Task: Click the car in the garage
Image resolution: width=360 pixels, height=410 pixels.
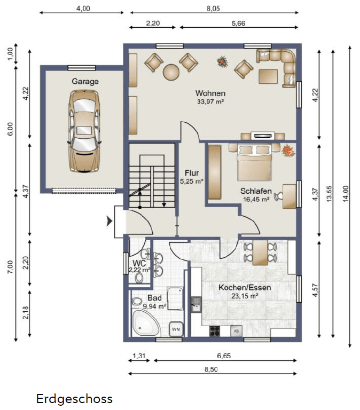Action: coord(84,131)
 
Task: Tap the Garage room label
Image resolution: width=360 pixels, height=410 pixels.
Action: coord(85,82)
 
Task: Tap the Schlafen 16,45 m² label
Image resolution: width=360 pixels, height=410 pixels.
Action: coord(256,195)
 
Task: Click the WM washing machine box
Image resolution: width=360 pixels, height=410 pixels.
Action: coord(176,330)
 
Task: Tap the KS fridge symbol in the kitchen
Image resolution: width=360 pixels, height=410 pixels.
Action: coord(236,331)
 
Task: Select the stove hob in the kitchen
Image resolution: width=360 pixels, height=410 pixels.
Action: coord(215,331)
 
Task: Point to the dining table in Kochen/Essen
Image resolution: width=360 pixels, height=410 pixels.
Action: coord(260,253)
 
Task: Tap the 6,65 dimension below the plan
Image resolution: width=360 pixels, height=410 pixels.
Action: coord(223,356)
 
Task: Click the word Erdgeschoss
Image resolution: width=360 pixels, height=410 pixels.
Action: coord(74,399)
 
